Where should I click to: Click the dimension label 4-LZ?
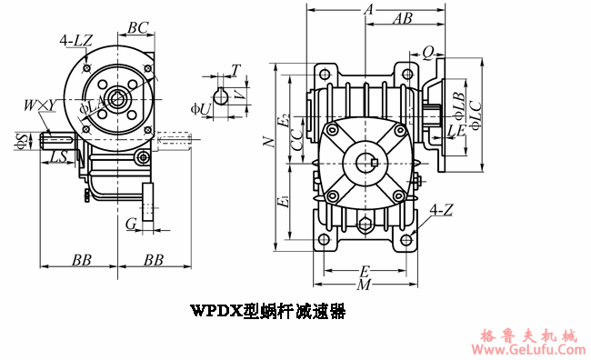(x=75, y=41)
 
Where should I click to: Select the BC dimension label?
(x=138, y=28)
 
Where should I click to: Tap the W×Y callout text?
(x=39, y=106)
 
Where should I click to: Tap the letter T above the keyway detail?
(x=235, y=69)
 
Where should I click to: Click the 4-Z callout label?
(x=442, y=210)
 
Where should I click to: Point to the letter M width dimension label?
(x=364, y=285)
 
